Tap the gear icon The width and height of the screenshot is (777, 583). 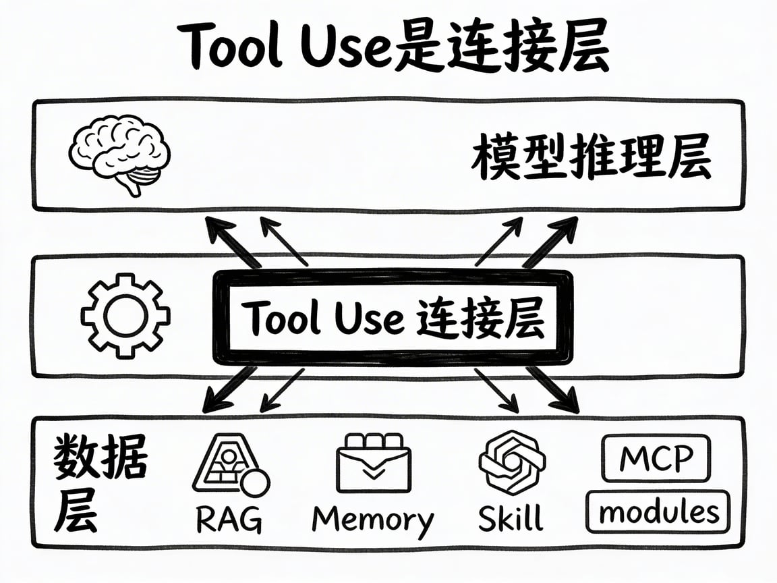tap(125, 315)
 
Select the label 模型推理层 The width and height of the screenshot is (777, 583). tap(590, 159)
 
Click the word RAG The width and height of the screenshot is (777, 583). tap(229, 519)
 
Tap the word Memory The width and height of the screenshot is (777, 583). tap(373, 520)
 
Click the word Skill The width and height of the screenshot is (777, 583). tap(511, 518)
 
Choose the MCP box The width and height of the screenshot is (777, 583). tap(656, 459)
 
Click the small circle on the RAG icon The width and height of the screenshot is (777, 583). tap(256, 483)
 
